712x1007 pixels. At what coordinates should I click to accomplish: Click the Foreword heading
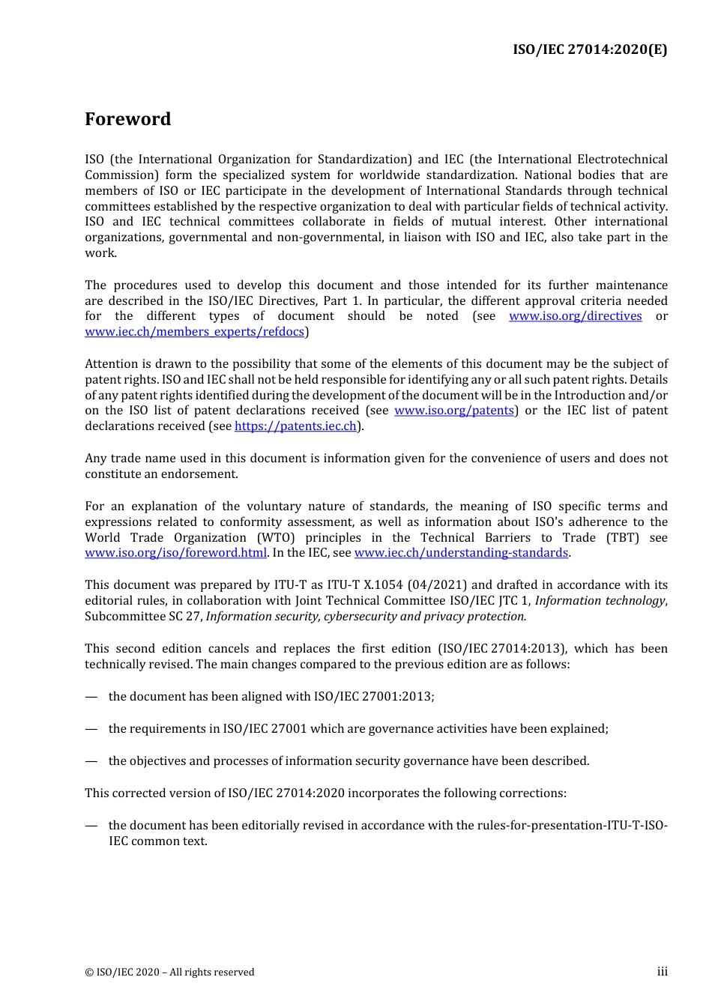click(127, 119)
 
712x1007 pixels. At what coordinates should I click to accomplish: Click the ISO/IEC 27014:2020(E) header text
click(590, 49)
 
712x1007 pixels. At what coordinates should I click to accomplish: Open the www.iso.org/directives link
click(575, 316)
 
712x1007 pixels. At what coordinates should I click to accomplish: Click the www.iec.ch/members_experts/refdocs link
click(194, 332)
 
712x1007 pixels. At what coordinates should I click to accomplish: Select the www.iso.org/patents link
click(453, 411)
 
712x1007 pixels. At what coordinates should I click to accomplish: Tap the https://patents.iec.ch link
click(295, 426)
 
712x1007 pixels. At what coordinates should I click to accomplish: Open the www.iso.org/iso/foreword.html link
click(175, 553)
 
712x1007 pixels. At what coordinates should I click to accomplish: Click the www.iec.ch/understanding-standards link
click(461, 553)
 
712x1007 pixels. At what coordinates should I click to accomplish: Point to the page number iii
click(662, 972)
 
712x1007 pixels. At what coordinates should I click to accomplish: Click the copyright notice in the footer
click(169, 973)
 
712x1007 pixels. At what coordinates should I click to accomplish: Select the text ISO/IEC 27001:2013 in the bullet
click(372, 697)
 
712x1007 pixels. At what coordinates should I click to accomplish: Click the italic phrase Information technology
click(600, 601)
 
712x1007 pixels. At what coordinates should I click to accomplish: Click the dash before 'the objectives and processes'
click(91, 761)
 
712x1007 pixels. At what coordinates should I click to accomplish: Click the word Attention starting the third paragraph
click(111, 364)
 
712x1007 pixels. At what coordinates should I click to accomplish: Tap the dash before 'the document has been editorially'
click(91, 826)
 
